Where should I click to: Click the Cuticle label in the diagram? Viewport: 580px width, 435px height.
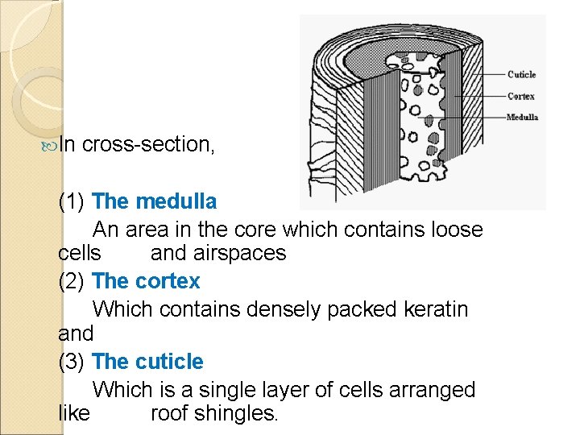[x=521, y=75]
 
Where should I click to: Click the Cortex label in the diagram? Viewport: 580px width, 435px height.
[x=521, y=97]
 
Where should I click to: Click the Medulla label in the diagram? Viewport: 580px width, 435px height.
[x=522, y=118]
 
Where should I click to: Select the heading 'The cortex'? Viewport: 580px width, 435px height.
[x=147, y=281]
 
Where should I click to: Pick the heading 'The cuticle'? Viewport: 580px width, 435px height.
[x=148, y=362]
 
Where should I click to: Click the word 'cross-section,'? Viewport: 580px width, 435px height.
[x=147, y=145]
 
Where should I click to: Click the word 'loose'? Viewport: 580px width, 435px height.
[x=454, y=230]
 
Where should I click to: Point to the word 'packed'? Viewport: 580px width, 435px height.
[x=356, y=309]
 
